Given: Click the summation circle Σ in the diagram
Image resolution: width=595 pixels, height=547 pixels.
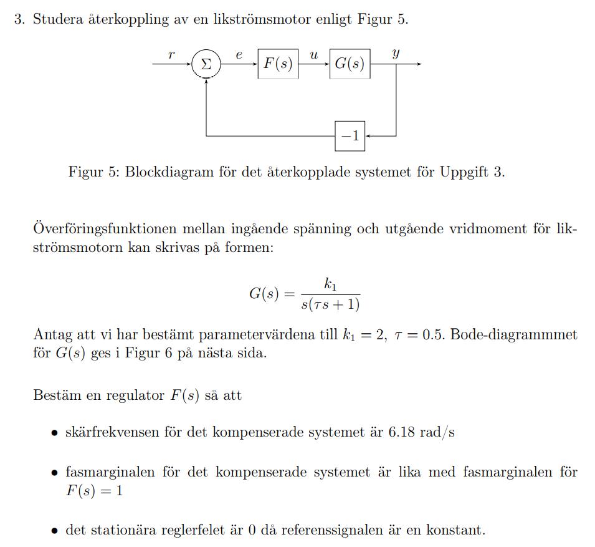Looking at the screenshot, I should pos(206,64).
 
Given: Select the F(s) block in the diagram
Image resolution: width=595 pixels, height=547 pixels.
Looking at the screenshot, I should pos(278,64).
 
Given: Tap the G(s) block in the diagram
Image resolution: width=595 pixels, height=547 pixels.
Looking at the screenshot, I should pos(350,64).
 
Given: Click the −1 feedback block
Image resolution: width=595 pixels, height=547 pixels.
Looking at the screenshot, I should pos(350,135).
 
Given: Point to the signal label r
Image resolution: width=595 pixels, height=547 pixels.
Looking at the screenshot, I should pos(171,55).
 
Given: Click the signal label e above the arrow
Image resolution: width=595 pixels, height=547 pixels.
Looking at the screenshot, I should pos(239,55).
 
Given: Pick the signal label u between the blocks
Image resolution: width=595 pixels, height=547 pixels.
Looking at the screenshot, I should pos(313,55).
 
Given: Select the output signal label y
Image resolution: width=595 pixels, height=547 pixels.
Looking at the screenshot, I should pos(396,54).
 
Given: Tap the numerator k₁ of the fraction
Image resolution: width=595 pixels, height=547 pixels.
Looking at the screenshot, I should pos(330,284).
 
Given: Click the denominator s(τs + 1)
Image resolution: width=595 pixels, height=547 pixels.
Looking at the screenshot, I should pos(330,304).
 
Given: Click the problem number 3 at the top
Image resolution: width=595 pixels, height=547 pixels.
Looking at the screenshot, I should pos(19,19).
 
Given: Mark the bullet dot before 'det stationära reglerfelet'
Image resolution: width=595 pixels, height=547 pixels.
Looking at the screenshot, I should pos(55,531).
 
